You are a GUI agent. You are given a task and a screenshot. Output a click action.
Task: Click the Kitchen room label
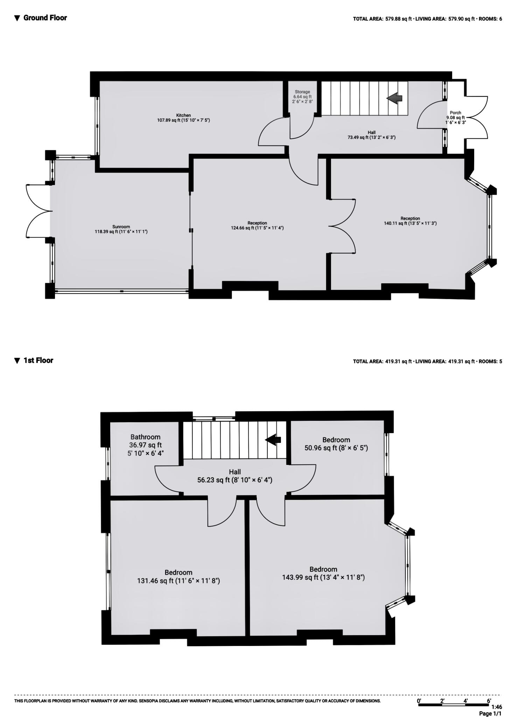(x=183, y=118)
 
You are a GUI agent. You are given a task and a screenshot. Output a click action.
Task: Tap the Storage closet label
(x=302, y=97)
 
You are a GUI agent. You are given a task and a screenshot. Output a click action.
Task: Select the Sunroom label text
(x=121, y=229)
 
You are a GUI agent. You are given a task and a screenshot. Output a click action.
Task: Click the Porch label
(x=455, y=118)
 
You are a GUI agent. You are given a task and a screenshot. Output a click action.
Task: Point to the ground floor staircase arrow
(x=394, y=98)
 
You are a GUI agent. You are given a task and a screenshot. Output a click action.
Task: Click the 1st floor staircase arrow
(x=273, y=440)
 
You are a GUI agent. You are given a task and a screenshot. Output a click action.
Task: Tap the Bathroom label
(x=145, y=445)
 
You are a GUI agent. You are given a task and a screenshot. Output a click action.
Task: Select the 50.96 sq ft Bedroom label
(x=336, y=444)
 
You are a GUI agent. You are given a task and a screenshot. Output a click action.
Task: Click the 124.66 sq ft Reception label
(x=257, y=225)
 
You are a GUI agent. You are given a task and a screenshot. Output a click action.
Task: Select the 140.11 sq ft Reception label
(x=410, y=221)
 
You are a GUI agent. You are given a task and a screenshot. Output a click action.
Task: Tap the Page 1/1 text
(x=490, y=713)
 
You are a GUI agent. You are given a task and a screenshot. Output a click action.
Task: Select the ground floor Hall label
(x=371, y=135)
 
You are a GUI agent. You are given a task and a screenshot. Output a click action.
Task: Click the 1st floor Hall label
(x=235, y=476)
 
